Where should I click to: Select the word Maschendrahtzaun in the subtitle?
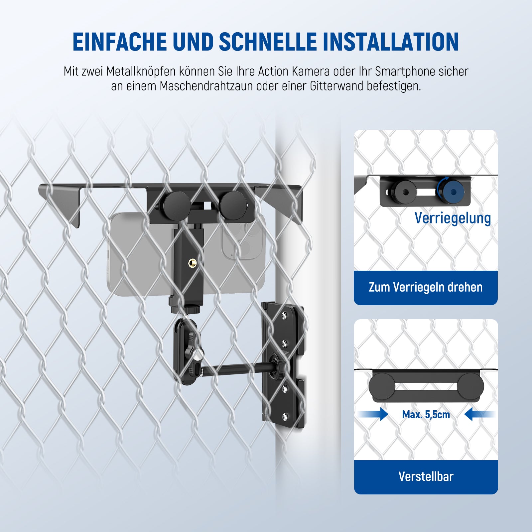[206, 86]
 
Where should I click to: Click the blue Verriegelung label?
[453, 218]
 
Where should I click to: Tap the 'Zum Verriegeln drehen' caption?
[426, 287]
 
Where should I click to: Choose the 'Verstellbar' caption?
[426, 476]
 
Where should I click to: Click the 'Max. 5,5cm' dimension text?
[426, 415]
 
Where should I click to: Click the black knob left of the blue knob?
[403, 192]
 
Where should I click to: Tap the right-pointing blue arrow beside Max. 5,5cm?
[373, 414]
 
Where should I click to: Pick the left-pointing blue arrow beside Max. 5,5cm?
[479, 414]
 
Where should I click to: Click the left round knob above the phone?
[177, 205]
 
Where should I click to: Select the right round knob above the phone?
[234, 205]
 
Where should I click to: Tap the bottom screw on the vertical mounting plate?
[285, 415]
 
